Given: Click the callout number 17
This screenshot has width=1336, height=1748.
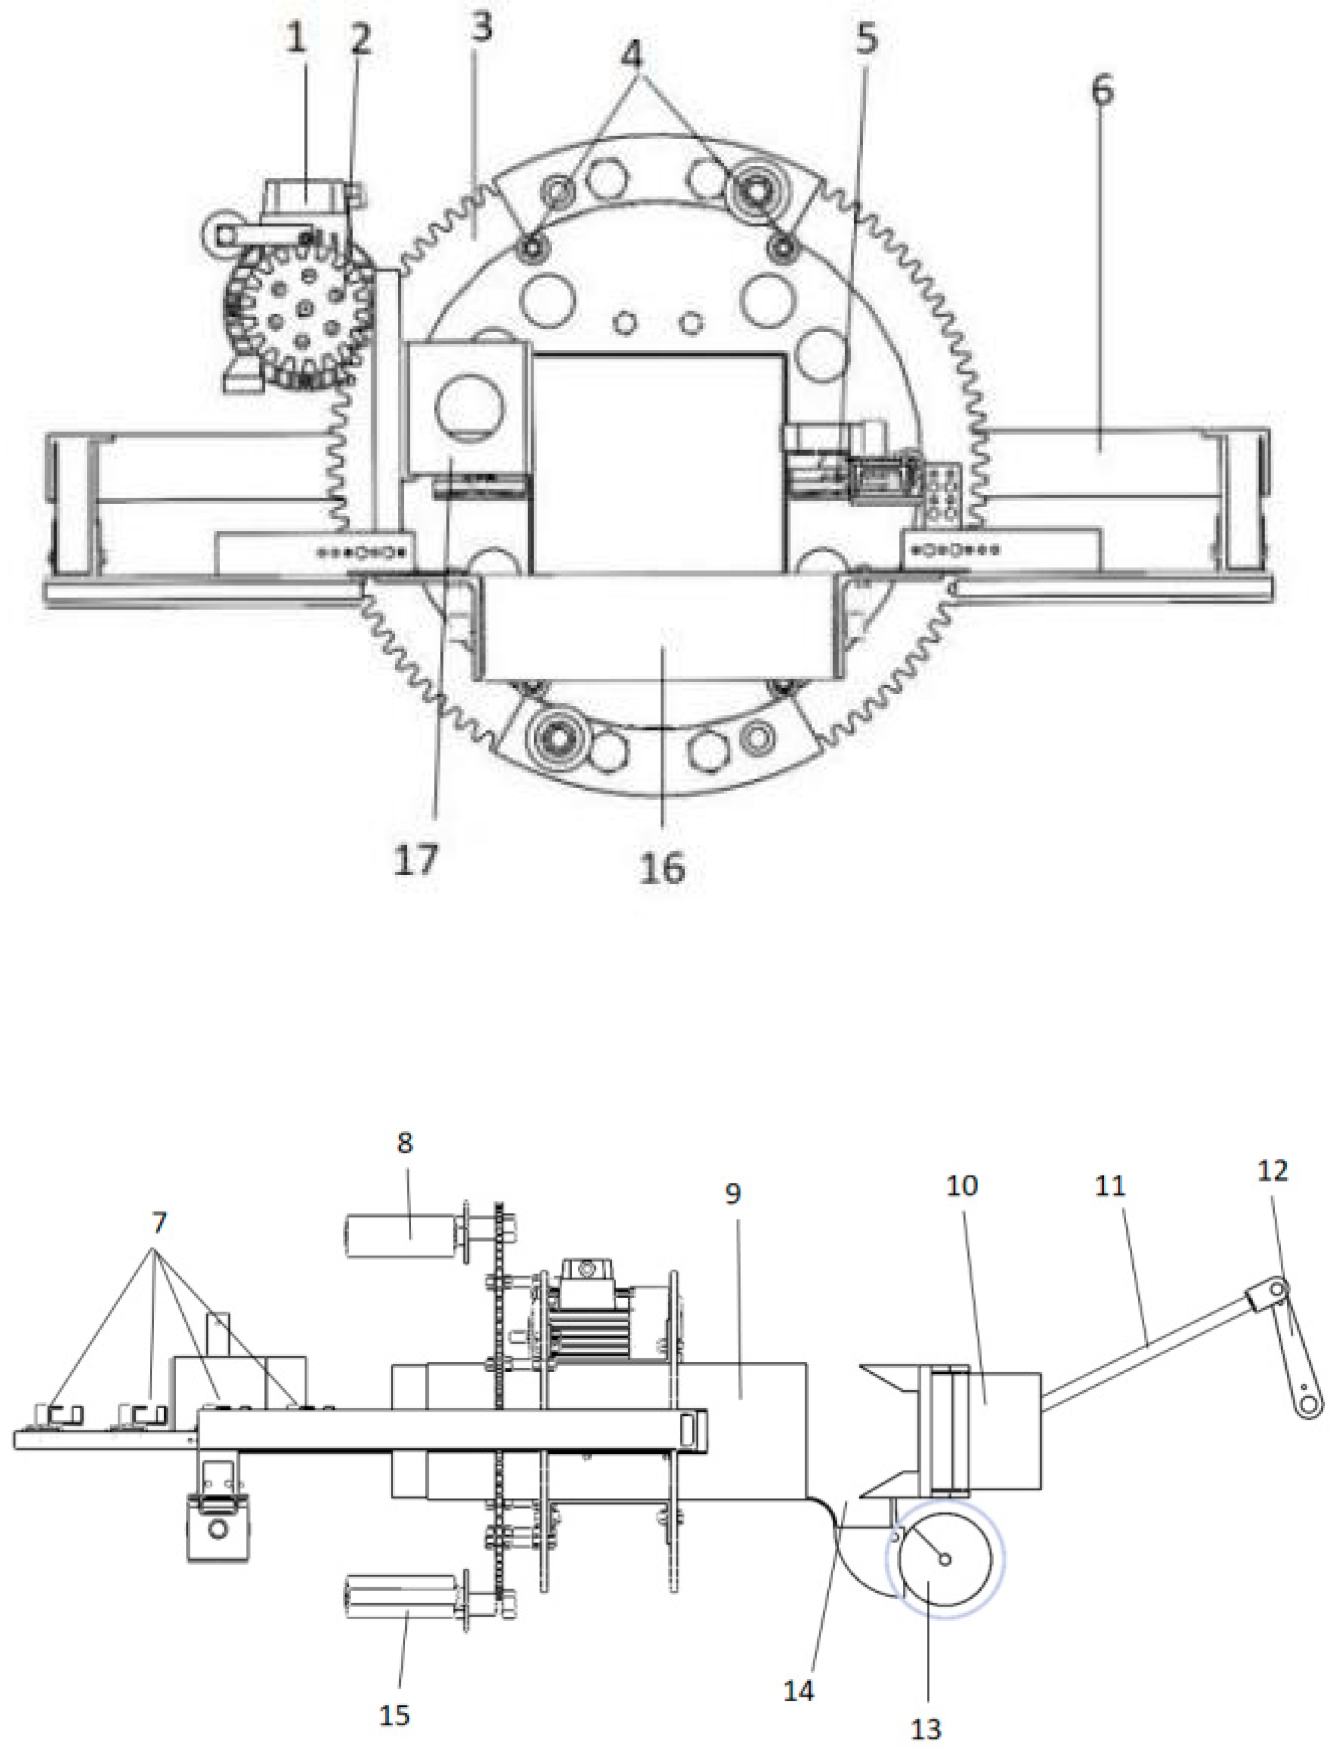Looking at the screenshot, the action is tap(416, 860).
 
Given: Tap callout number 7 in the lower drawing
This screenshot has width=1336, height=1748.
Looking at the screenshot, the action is tap(159, 1222).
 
